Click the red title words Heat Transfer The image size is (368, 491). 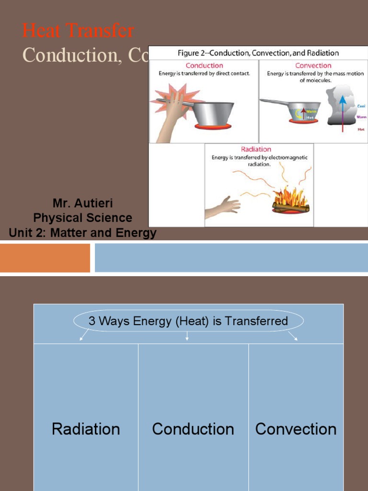[x=78, y=31]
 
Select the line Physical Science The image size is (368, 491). [x=82, y=218]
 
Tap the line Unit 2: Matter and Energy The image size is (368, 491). [x=82, y=233]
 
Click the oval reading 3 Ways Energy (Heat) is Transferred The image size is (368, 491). [x=188, y=321]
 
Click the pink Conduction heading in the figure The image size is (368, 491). [x=204, y=66]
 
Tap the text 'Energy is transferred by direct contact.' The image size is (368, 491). [x=204, y=74]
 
